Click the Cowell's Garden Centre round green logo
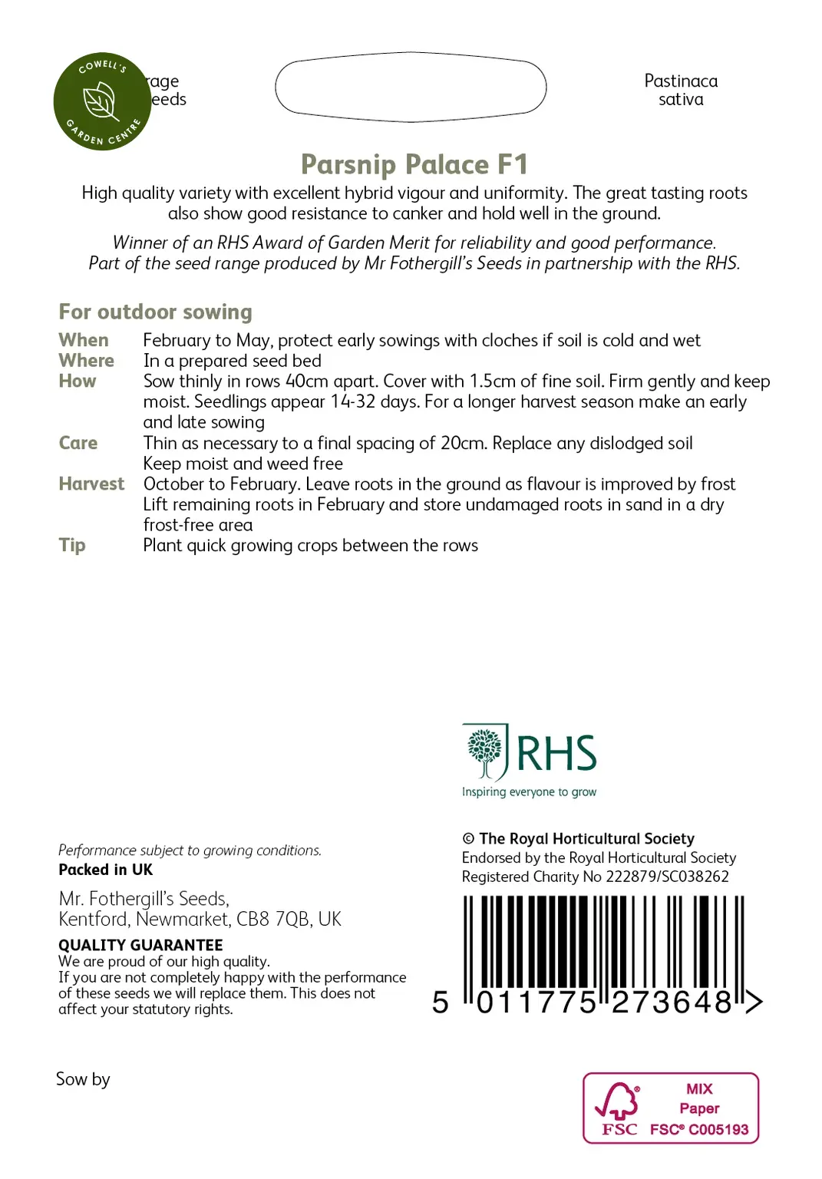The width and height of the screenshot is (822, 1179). pyautogui.click(x=102, y=101)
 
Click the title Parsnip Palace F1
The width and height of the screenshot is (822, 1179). pyautogui.click(x=414, y=164)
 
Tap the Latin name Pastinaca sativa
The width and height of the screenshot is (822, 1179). pyautogui.click(x=681, y=90)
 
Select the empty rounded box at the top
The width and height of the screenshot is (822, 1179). pyautogui.click(x=411, y=88)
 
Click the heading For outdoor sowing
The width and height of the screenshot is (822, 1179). pyautogui.click(x=155, y=312)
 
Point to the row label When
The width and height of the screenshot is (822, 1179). pyautogui.click(x=84, y=340)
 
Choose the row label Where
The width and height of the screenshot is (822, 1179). pyautogui.click(x=86, y=361)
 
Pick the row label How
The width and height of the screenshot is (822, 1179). pyautogui.click(x=78, y=381)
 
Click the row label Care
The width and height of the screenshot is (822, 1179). pyautogui.click(x=78, y=443)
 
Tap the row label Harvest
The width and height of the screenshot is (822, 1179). pyautogui.click(x=91, y=484)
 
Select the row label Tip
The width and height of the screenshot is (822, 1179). pyautogui.click(x=72, y=545)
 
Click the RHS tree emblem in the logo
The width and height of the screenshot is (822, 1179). pyautogui.click(x=484, y=751)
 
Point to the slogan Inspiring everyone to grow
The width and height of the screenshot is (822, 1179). pyautogui.click(x=529, y=792)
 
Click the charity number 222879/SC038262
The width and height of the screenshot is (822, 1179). pyautogui.click(x=667, y=877)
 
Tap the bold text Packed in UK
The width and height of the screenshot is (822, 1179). pyautogui.click(x=105, y=870)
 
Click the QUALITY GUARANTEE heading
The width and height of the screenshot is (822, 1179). pyautogui.click(x=140, y=945)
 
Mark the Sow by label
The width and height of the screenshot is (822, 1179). pyautogui.click(x=83, y=1079)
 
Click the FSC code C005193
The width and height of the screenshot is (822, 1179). pyautogui.click(x=718, y=1129)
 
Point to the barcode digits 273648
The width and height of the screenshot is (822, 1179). pyautogui.click(x=672, y=1002)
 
